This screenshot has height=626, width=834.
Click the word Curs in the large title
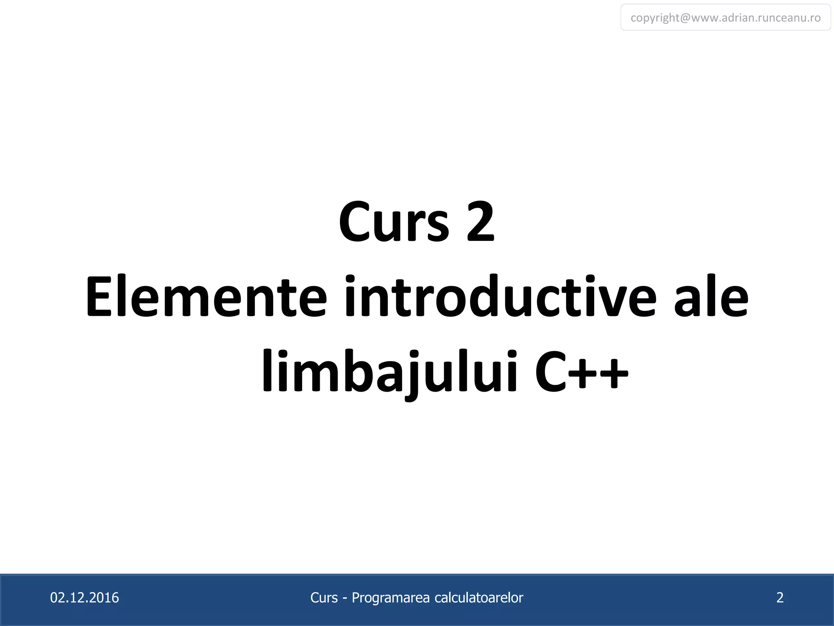click(394, 223)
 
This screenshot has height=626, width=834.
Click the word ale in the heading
click(711, 297)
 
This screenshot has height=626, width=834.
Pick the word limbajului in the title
click(390, 372)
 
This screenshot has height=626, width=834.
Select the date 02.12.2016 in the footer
click(84, 597)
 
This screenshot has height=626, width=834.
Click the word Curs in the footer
click(324, 597)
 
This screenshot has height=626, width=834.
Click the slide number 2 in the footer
click(780, 597)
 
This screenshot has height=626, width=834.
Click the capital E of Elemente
click(99, 297)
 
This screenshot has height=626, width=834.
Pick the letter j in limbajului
click(415, 373)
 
